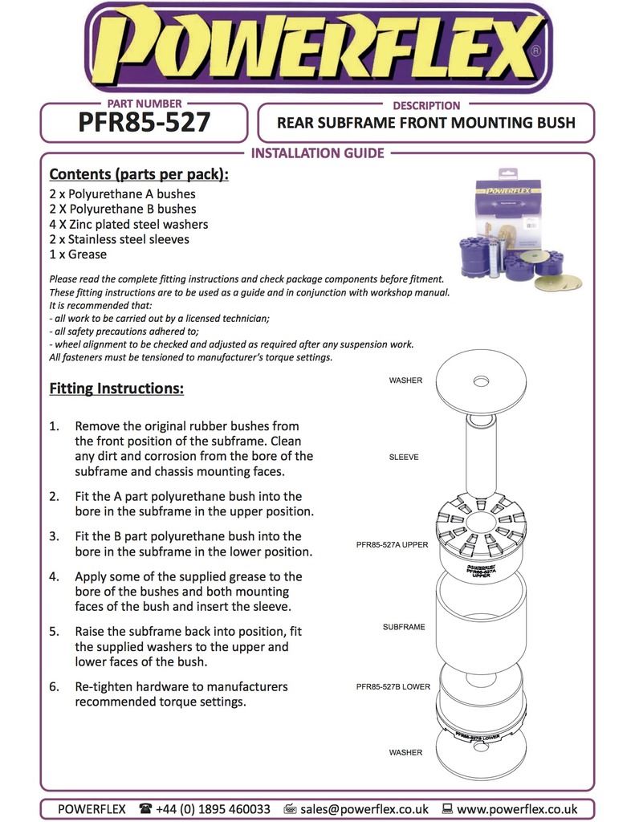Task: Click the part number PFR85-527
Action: [145, 123]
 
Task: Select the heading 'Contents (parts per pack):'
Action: [139, 174]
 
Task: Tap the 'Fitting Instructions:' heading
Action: [116, 389]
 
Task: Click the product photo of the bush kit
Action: [519, 229]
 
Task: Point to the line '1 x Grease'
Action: [78, 254]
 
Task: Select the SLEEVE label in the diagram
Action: [404, 457]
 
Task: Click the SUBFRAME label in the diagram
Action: [405, 626]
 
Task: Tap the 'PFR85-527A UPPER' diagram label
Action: [393, 544]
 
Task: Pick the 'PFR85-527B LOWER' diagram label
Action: [393, 687]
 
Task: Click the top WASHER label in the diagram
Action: [405, 380]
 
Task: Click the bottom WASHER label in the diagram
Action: [405, 753]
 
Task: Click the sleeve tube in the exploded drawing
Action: [482, 458]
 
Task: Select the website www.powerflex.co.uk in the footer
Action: [517, 809]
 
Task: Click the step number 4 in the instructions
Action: [54, 576]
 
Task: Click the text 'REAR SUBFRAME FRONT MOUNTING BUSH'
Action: [425, 124]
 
